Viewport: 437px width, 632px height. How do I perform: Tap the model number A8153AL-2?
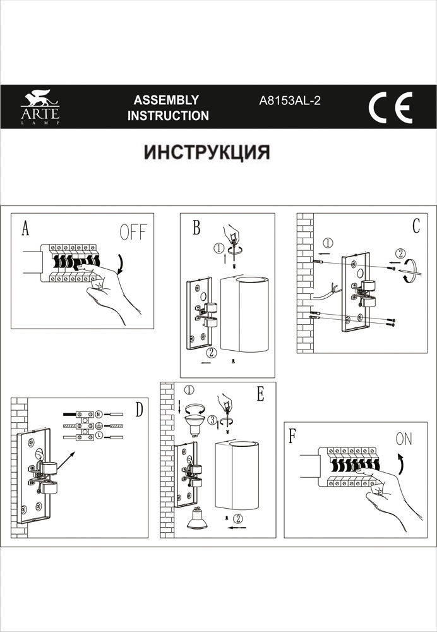pos(290,100)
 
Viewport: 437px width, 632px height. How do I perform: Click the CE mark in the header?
pos(390,107)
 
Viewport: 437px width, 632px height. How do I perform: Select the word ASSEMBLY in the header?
pos(167,100)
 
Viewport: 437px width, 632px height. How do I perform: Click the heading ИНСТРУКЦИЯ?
pos(207,153)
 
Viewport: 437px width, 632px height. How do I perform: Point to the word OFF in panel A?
pos(132,232)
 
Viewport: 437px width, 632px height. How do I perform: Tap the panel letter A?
pos(25,229)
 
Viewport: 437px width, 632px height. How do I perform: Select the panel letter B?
pos(197,228)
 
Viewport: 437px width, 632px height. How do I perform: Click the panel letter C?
pos(416,226)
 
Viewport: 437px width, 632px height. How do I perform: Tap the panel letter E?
pos(260,394)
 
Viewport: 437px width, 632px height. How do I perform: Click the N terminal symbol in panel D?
pos(99,415)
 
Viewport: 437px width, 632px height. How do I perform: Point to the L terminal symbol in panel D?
pos(99,437)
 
